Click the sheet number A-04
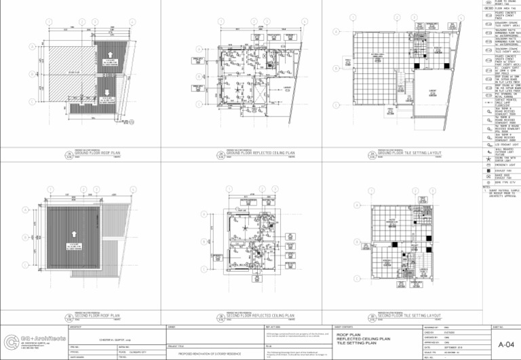505,345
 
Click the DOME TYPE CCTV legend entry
499,181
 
